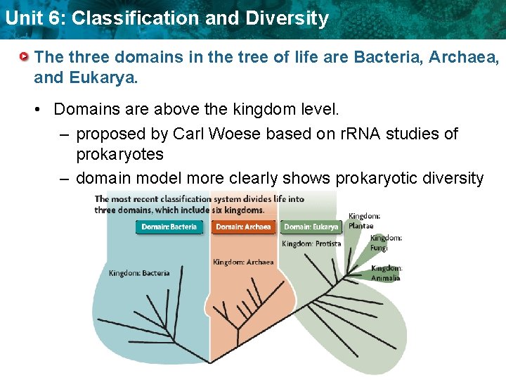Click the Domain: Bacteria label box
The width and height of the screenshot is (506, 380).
tap(169, 227)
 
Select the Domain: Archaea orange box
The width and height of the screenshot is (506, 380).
tap(243, 227)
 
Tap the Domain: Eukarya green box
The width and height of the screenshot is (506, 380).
tap(311, 227)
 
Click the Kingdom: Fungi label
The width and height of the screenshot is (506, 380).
tap(386, 243)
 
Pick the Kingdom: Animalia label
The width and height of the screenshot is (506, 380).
tap(387, 273)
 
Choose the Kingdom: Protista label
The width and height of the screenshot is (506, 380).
tap(311, 243)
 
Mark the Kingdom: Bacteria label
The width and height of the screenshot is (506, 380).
tap(138, 273)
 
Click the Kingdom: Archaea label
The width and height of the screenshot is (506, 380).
tap(243, 262)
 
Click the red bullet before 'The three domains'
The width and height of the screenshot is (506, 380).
tap(25, 56)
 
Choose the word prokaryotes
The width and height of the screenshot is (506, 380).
tap(119, 154)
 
